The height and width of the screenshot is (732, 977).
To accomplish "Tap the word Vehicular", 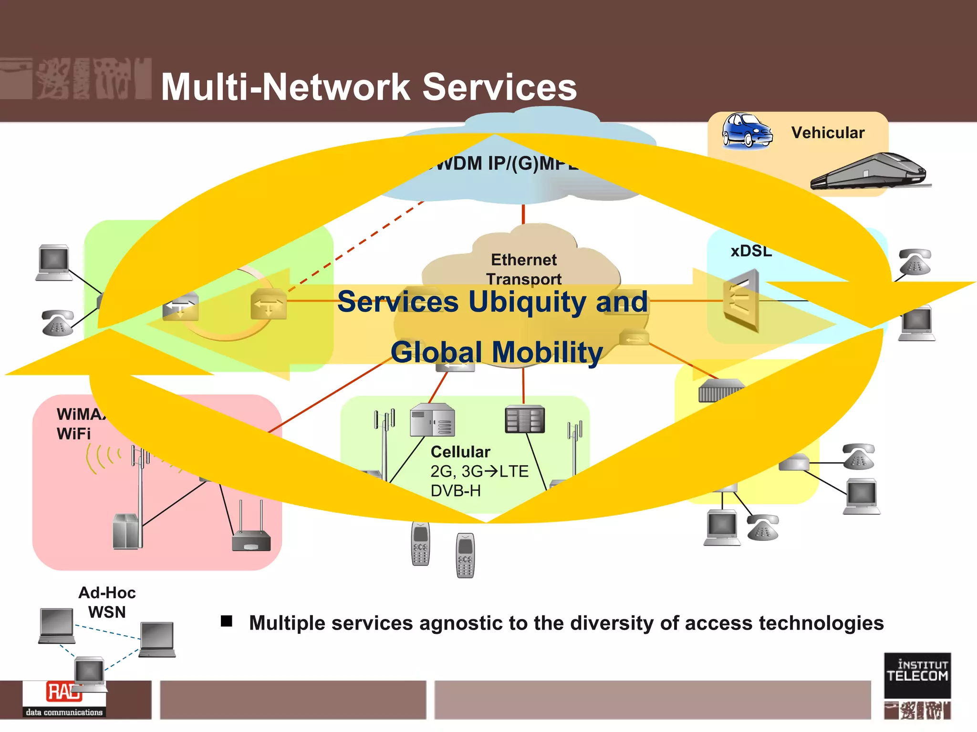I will point(828,132).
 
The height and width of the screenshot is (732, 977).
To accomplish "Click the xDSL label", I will point(751,251).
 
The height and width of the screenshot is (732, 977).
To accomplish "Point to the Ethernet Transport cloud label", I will point(524,269).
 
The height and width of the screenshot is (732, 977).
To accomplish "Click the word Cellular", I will point(460,452).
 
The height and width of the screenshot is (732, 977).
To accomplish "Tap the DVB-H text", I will point(456,490).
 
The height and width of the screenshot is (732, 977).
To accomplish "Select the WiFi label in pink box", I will point(73,434).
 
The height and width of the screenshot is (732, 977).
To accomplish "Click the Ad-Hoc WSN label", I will point(107,602).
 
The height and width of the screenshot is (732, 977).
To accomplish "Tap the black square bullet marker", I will point(227,621).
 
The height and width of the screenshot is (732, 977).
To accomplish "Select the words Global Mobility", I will point(497,352).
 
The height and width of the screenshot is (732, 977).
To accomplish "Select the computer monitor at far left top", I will point(54,263).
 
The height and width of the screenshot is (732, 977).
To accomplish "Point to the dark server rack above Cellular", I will point(525,419).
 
